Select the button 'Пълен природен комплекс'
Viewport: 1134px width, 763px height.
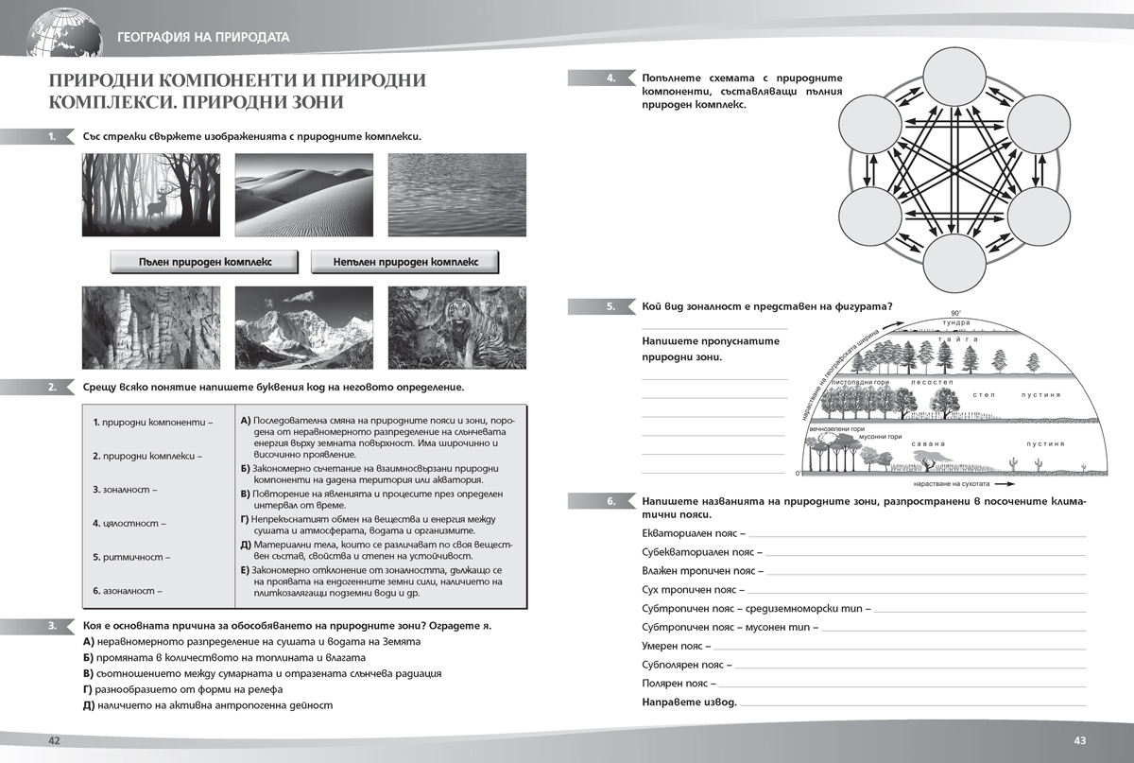(204, 262)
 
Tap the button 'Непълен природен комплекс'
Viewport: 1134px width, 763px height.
(404, 262)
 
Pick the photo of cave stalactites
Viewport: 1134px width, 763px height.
(150, 326)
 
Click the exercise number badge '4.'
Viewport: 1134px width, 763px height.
(611, 78)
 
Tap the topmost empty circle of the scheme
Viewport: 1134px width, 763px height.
(954, 78)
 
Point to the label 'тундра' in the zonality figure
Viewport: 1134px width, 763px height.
(955, 322)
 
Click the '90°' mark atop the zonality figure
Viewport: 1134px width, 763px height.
(955, 313)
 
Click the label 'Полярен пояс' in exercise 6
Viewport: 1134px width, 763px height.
(674, 683)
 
